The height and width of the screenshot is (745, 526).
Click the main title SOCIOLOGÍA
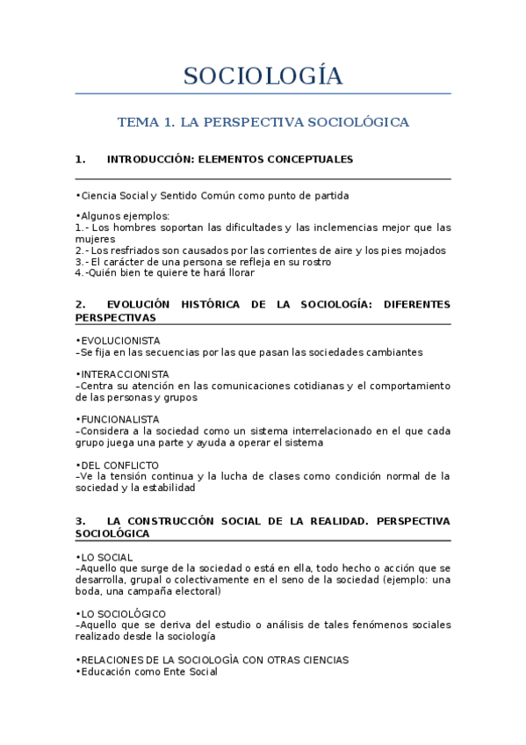tap(263, 76)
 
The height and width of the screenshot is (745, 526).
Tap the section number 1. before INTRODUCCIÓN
tap(80, 160)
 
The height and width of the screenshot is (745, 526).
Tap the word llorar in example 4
tap(236, 272)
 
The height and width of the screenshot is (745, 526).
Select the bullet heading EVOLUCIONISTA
tap(120, 341)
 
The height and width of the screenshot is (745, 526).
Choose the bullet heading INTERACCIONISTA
tap(125, 374)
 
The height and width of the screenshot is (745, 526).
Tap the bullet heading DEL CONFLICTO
tap(119, 465)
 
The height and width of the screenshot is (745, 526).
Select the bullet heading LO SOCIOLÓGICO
tap(122, 613)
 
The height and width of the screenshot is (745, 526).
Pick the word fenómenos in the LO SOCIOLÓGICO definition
tap(348, 625)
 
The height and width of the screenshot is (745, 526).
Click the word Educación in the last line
tap(106, 671)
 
